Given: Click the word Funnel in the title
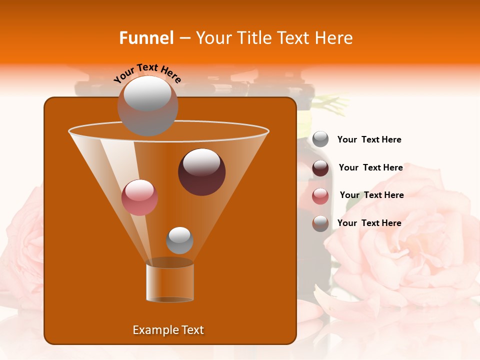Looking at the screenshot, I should click(x=146, y=38).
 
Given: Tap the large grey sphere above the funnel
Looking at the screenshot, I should click(x=147, y=105).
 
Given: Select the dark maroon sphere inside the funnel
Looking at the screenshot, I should click(x=201, y=172).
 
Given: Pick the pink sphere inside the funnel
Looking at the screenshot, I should click(x=139, y=197).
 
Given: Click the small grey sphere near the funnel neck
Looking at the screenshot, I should click(x=179, y=240).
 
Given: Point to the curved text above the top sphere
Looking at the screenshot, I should click(x=147, y=73).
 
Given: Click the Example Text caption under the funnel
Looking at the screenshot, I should click(x=168, y=330).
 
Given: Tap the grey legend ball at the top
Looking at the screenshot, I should click(x=320, y=139).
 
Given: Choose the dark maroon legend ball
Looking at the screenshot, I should click(x=320, y=168).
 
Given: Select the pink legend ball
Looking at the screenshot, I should click(x=320, y=196).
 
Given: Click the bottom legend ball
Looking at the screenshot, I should click(x=320, y=223).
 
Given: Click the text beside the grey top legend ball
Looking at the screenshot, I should click(x=369, y=139).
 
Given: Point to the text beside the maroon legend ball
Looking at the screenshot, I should click(x=370, y=167).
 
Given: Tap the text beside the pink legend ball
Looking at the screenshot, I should click(x=371, y=195).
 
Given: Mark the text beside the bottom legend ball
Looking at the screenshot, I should click(x=369, y=223).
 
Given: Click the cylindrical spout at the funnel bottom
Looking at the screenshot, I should click(x=170, y=282).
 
